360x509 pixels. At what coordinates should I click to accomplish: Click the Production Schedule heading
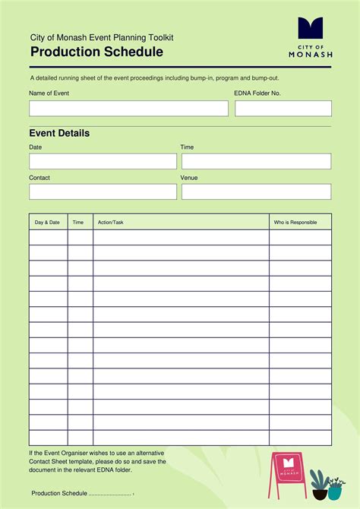[96, 52]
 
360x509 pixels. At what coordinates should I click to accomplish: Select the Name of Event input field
[128, 109]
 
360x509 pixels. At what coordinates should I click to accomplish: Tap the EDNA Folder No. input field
[283, 109]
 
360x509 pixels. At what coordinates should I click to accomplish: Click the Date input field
[103, 161]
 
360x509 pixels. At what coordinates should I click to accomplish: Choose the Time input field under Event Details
[256, 161]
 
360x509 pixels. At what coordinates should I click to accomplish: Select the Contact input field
[103, 191]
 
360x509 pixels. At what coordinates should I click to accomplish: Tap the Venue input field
[256, 191]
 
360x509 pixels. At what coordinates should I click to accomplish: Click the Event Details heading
[59, 133]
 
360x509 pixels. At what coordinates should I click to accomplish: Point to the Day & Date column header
[47, 223]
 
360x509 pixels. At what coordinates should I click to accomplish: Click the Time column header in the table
[78, 223]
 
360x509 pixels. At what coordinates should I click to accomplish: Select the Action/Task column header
[111, 223]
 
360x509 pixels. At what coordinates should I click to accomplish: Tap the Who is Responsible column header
[295, 223]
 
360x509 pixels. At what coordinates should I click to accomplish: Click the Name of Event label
[49, 93]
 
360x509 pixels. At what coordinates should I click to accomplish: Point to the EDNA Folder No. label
[257, 93]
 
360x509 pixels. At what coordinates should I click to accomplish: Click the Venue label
[189, 178]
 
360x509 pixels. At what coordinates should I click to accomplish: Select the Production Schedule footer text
[59, 493]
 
